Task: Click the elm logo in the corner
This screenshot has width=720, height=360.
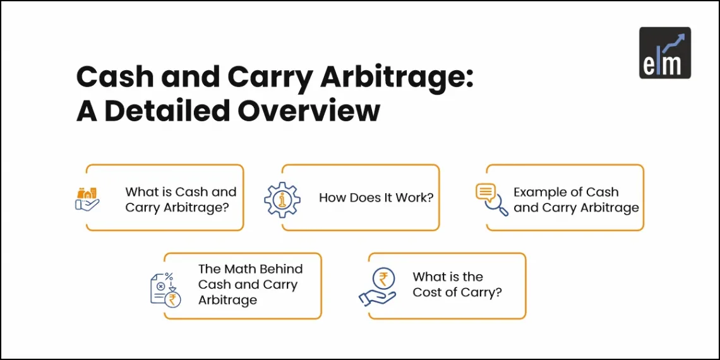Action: [664, 52]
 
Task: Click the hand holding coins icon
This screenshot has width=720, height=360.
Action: [87, 198]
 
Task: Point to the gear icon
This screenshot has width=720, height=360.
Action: [280, 198]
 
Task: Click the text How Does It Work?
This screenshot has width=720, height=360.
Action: [376, 198]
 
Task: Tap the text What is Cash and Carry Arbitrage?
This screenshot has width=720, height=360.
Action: [181, 200]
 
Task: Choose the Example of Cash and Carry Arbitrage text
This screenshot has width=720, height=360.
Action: [576, 200]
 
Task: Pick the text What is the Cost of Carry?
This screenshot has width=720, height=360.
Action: [457, 284]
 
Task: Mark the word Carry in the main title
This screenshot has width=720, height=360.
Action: [263, 78]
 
